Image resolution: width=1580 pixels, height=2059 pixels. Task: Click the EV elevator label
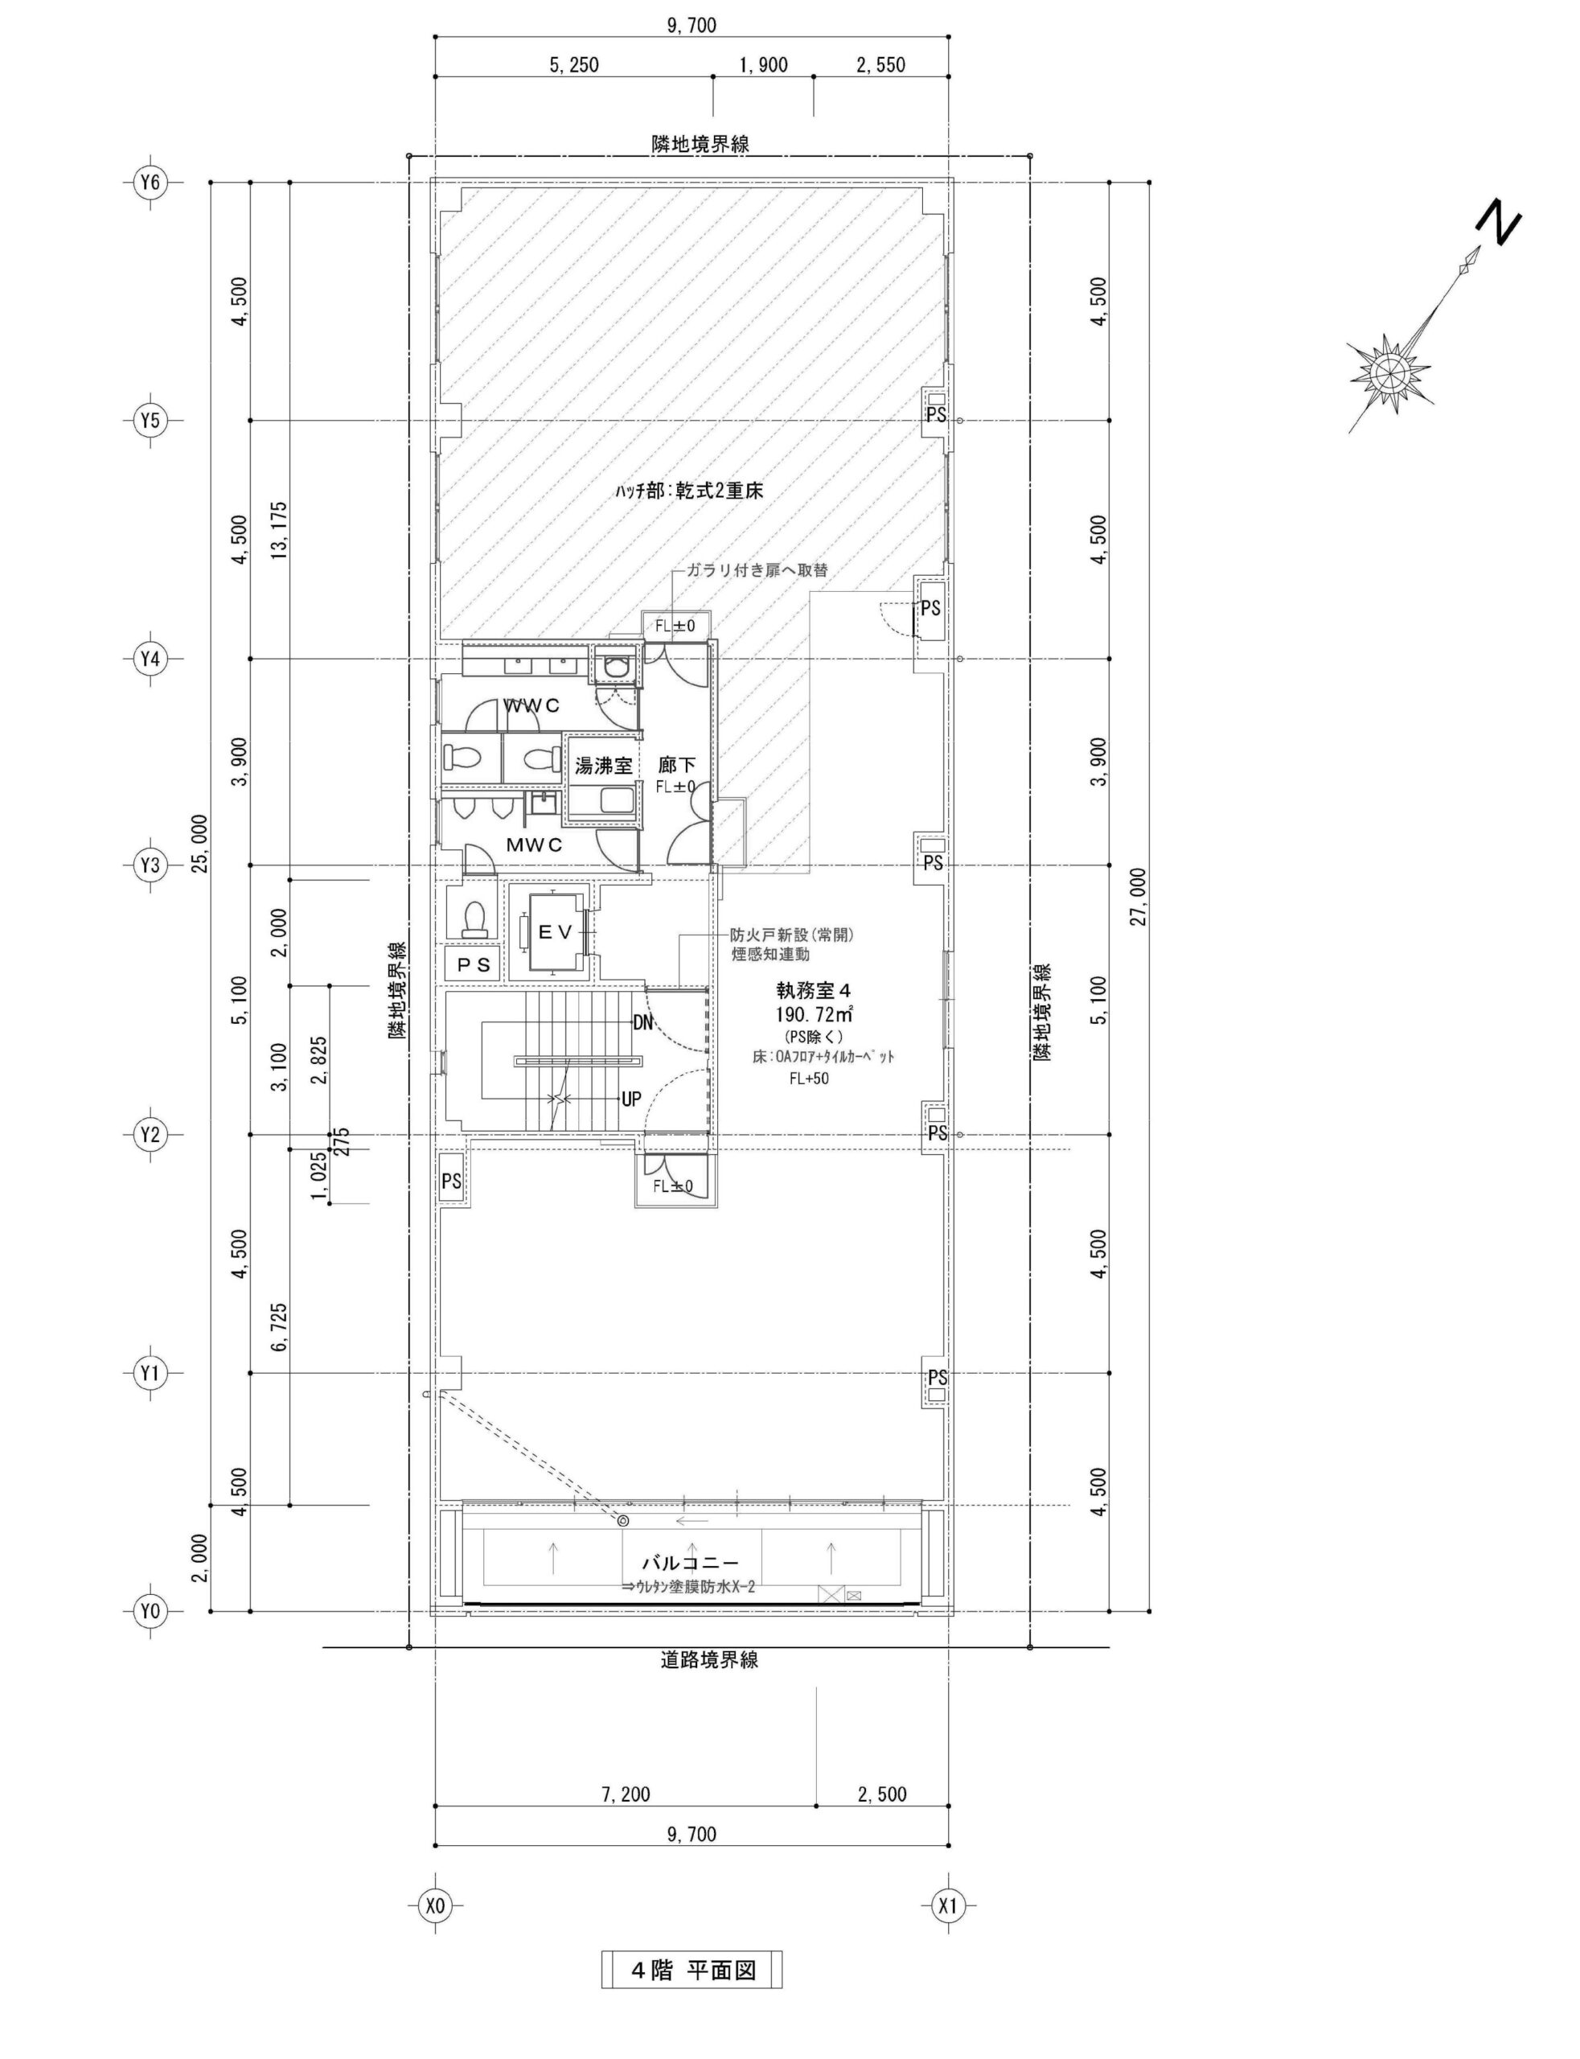coord(555,931)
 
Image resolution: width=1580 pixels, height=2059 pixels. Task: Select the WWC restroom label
coord(531,705)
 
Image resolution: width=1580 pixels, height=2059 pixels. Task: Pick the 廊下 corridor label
coord(676,766)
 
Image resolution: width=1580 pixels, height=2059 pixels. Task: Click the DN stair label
coord(644,1022)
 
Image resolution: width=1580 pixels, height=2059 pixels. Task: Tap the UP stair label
coord(631,1098)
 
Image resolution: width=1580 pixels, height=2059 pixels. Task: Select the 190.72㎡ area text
coord(815,1015)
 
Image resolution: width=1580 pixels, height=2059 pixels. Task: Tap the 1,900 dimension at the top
coord(764,65)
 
